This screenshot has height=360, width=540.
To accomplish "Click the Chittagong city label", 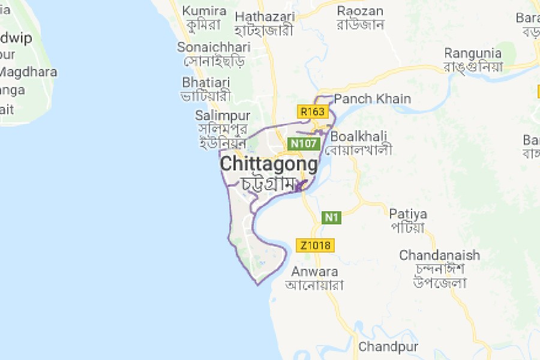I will tap(269, 164).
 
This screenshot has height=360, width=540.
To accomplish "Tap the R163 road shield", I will tap(313, 112).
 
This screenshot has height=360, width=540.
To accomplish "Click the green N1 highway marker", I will tap(332, 217).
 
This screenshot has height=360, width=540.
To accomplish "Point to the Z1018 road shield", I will tap(315, 245).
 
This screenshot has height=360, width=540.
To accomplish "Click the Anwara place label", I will tap(314, 271).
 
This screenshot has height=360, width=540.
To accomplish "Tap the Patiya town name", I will tap(408, 214).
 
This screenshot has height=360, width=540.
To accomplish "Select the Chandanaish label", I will tap(440, 255).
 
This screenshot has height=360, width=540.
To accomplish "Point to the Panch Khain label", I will tap(373, 99).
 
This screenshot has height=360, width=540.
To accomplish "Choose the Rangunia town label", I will tap(473, 53).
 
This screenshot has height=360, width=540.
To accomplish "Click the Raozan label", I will tap(360, 11).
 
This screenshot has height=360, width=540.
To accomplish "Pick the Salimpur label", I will tap(223, 115).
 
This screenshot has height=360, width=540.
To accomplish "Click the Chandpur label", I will tap(388, 347).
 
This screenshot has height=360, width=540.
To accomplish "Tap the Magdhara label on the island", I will tap(29, 72).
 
